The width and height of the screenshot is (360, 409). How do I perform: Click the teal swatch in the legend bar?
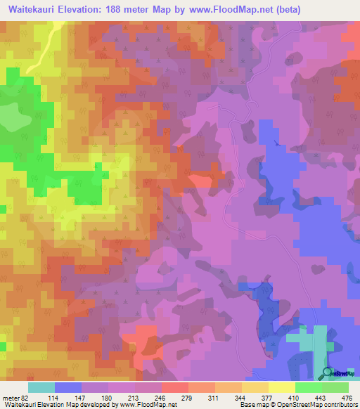[41, 387]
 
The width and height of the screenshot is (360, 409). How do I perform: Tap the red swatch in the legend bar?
[175, 387]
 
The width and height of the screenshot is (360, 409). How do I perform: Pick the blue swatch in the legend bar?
[68, 387]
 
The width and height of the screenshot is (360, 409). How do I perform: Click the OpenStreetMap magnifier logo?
[328, 372]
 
